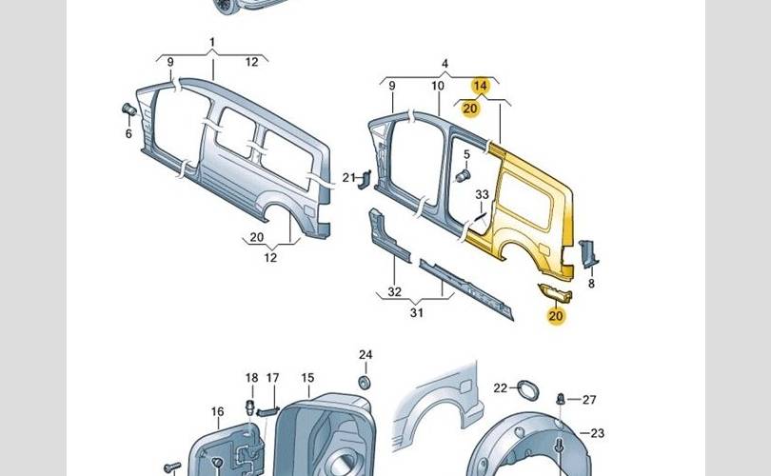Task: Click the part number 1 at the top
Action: tap(212, 43)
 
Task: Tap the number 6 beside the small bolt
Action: tap(128, 134)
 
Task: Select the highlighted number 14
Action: tap(481, 86)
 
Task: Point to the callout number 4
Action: tap(445, 65)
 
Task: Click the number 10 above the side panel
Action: tap(437, 87)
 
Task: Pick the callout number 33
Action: tap(482, 195)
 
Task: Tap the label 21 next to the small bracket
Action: tap(348, 176)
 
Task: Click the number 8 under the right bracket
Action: tap(591, 283)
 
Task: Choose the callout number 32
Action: tap(394, 292)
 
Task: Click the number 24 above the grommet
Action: tap(365, 355)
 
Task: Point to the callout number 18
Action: tap(252, 378)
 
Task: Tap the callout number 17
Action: tap(272, 378)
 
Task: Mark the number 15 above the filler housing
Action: tap(307, 378)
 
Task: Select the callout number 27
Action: tap(589, 399)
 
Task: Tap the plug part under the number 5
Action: tap(464, 176)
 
